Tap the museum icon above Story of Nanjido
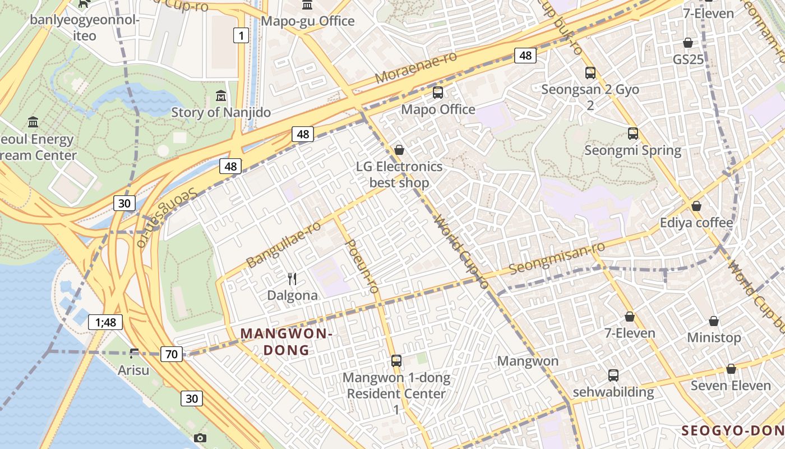pos(221,95)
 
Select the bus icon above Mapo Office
pos(438,93)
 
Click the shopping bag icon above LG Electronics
pos(399,150)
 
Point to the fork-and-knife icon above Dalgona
pos(292,278)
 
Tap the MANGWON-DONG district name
pos(287,342)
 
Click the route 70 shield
pos(172,354)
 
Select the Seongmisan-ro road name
pos(557,258)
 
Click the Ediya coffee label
pos(696,223)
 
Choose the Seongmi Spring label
pos(632,150)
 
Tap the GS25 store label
pos(688,59)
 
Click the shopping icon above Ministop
pos(714,321)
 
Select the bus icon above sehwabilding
pos(613,375)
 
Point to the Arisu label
pos(133,370)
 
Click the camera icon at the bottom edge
pos(200,438)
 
